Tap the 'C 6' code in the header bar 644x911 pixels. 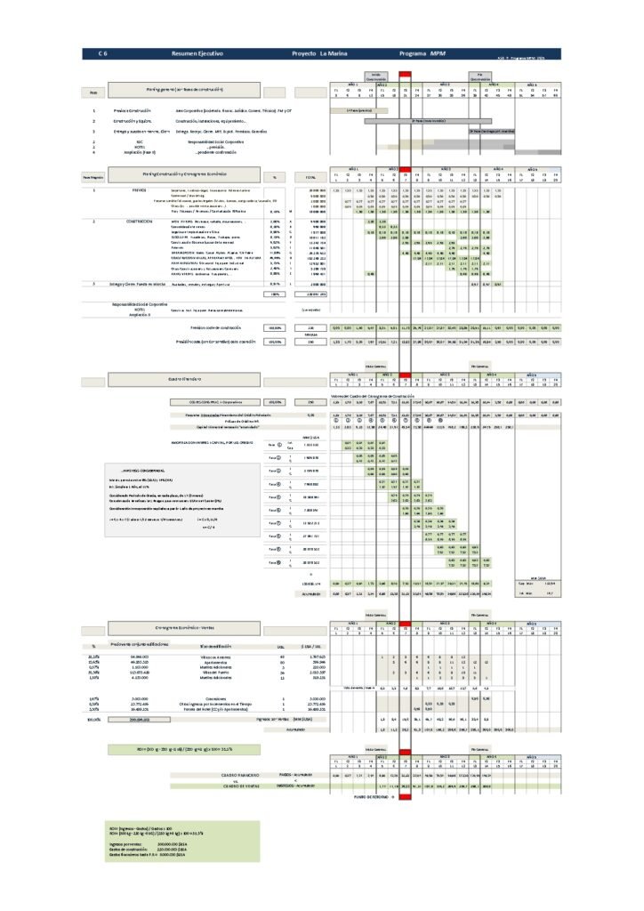(x=102, y=54)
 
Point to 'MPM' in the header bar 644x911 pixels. (x=439, y=54)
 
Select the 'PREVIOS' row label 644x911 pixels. (x=140, y=189)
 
